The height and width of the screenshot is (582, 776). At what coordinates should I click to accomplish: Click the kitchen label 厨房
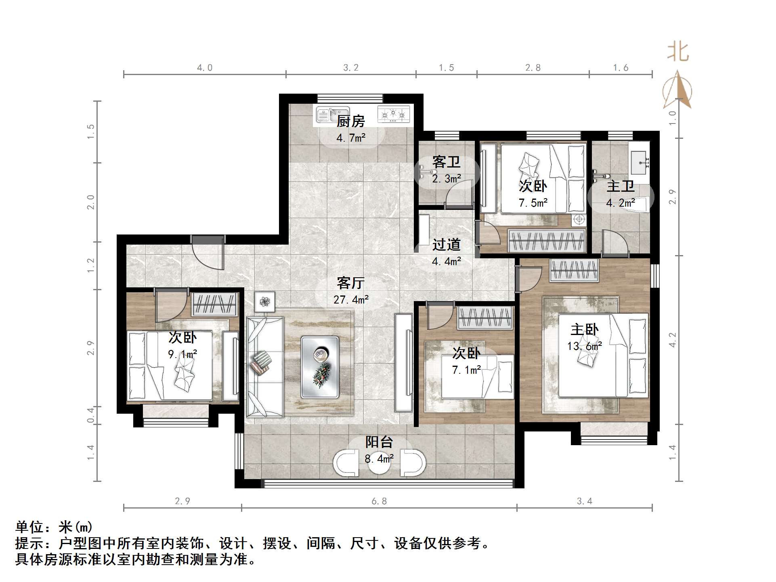350,121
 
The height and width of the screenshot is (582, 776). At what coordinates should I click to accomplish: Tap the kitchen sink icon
332,114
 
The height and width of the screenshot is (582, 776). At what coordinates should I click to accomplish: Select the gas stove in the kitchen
393,114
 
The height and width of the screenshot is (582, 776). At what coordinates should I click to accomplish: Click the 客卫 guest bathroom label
446,162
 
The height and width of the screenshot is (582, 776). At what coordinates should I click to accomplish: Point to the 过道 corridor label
446,245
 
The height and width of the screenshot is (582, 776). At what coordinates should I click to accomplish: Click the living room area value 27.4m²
350,299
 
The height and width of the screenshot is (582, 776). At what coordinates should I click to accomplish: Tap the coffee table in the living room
319,367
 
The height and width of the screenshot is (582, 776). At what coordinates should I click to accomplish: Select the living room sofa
264,366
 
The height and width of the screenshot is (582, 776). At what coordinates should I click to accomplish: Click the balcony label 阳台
379,442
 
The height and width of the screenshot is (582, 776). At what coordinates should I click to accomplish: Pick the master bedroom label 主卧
584,330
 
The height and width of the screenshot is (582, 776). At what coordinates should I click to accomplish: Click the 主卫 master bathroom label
620,186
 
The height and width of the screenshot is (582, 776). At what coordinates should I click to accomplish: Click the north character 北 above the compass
678,52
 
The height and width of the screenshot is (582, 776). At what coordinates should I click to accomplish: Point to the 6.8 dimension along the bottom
379,501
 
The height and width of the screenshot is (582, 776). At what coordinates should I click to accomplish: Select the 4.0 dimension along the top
204,68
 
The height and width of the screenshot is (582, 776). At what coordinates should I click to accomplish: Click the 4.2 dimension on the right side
672,340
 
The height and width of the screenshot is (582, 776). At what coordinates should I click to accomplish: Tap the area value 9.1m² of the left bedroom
182,354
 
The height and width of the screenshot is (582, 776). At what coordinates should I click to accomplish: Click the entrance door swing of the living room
208,254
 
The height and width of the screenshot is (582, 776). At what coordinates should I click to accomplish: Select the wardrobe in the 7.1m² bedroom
485,317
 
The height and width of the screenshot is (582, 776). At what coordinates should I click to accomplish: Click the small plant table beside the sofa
264,301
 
